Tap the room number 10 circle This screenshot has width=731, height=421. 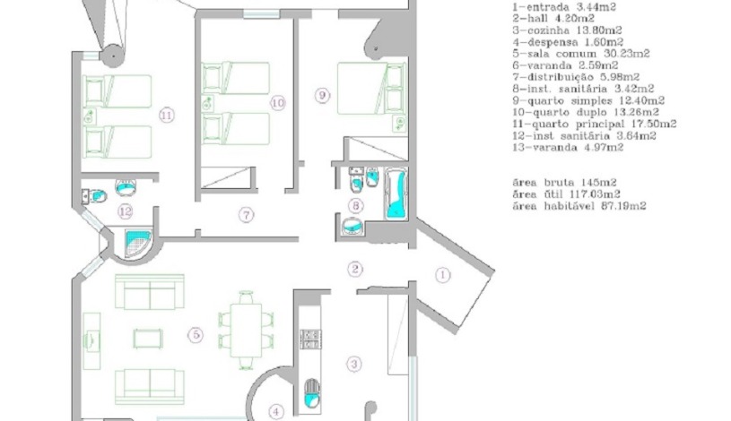[x=277, y=104]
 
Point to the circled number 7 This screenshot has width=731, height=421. [x=244, y=213]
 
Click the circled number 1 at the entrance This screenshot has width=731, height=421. [x=442, y=275]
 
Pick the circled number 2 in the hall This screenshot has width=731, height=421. [x=356, y=269]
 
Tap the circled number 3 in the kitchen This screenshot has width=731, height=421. [x=355, y=363]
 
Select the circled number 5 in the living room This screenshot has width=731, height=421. [x=196, y=335]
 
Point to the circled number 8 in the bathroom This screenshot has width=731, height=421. [x=356, y=207]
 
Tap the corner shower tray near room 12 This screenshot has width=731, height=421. [x=139, y=242]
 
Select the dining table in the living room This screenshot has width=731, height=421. [x=245, y=328]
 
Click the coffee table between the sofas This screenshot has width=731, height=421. [x=147, y=338]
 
